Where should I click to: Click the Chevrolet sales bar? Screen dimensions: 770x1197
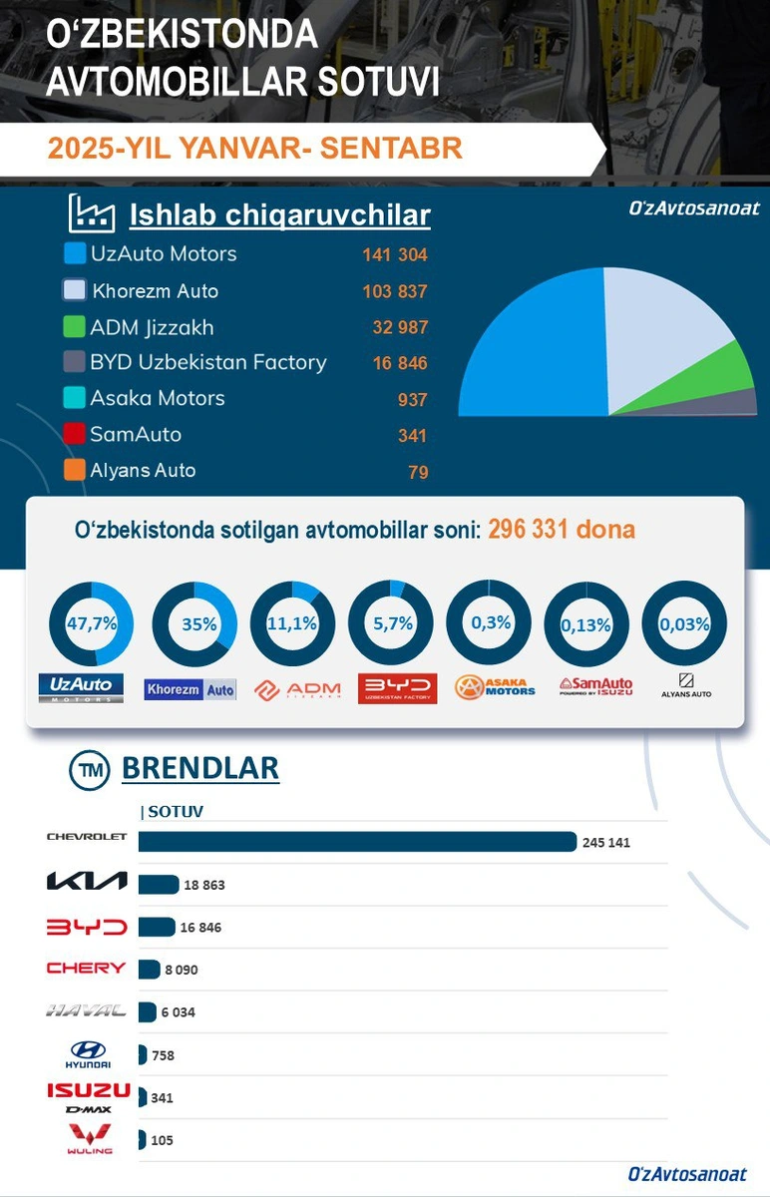click(x=357, y=841)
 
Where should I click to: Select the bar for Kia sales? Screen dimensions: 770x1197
click(x=159, y=885)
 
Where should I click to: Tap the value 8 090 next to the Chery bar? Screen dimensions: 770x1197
click(x=182, y=970)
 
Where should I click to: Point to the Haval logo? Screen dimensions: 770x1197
click(x=86, y=1010)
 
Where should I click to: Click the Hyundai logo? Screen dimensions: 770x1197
click(x=88, y=1054)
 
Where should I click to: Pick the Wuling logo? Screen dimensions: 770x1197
click(x=90, y=1139)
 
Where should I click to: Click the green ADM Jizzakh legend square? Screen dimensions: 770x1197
click(x=74, y=326)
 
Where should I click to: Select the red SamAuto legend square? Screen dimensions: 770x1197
click(x=74, y=433)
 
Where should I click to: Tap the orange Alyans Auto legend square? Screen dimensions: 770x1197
click(x=74, y=470)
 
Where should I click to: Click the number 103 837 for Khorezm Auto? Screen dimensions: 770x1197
click(x=395, y=291)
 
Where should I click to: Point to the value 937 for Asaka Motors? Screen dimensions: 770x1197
click(x=412, y=400)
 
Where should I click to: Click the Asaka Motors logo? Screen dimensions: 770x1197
click(x=495, y=686)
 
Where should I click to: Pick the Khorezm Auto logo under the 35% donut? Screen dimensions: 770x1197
click(x=191, y=689)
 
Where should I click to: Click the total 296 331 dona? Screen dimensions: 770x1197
click(x=562, y=530)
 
